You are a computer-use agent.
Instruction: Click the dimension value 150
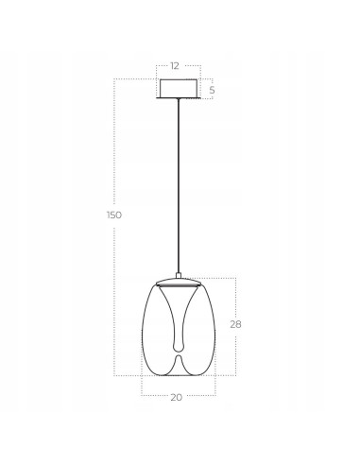pos(114,215)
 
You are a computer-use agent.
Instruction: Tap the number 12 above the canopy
pos(176,66)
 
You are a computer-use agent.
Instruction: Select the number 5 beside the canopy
pos(213,90)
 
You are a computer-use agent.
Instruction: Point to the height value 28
pos(236,323)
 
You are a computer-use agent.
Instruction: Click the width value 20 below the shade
pos(176,398)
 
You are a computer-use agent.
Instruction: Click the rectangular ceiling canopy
pos(179,88)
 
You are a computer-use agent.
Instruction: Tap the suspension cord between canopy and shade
pos(179,189)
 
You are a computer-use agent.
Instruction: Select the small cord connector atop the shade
pos(179,276)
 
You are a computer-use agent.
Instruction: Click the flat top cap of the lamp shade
pos(179,284)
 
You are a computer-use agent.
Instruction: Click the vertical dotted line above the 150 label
pos(114,142)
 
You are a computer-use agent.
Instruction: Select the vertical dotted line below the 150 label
pos(114,302)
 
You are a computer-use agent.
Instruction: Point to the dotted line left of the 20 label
pos(156,397)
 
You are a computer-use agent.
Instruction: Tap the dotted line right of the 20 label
pos(198,397)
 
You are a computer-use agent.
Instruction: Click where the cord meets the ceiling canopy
pos(179,98)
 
